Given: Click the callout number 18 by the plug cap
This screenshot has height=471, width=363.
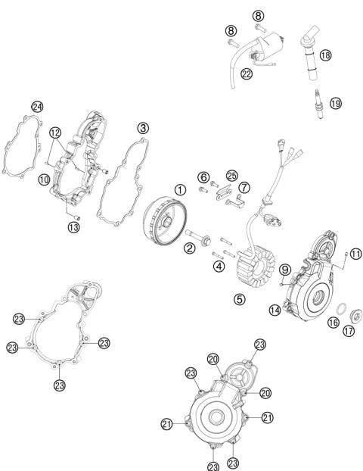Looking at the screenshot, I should (325, 55).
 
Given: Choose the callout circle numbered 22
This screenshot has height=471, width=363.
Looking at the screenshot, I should (246, 73).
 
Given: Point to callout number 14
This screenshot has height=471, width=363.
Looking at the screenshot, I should (275, 310).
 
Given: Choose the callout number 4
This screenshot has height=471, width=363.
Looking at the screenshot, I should (218, 266).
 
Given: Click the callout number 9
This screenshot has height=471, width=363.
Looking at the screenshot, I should (285, 270).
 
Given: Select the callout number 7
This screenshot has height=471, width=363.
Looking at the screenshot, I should (244, 186).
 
